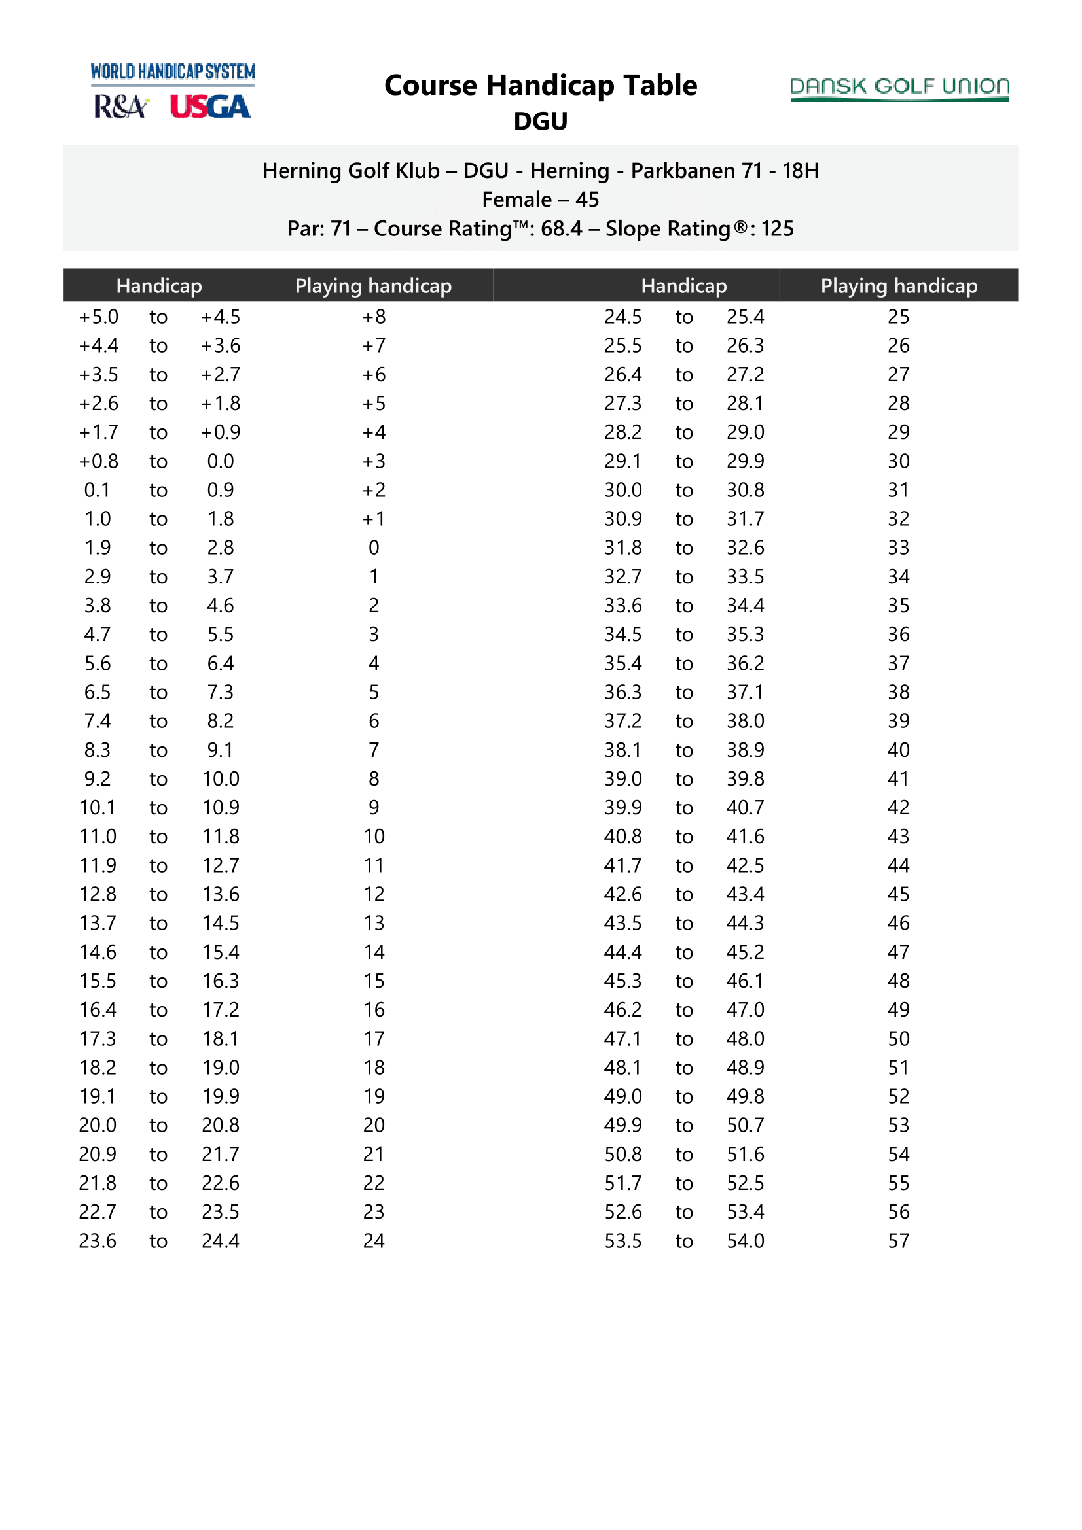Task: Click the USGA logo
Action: (x=210, y=107)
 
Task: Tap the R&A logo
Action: (x=120, y=107)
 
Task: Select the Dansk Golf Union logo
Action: (x=899, y=88)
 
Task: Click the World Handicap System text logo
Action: (x=173, y=71)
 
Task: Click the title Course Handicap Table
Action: (x=540, y=85)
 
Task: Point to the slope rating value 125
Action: (x=778, y=228)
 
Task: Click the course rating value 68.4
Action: (x=561, y=228)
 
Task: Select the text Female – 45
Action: (x=540, y=200)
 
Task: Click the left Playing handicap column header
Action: (x=373, y=286)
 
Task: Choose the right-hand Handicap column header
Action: (x=683, y=286)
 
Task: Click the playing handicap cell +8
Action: (x=373, y=317)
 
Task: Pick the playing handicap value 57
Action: (x=898, y=1241)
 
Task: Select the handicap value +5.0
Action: (x=99, y=317)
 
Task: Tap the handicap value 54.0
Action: (x=745, y=1241)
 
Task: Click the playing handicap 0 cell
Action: (x=373, y=548)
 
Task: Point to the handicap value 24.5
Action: (x=622, y=317)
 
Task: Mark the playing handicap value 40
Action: (x=898, y=750)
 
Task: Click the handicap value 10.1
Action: (x=98, y=808)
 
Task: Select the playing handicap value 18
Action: (x=373, y=1068)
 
